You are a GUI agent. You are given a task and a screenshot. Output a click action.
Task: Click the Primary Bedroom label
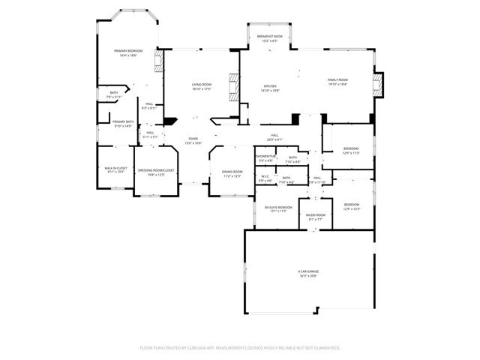pos(126,51)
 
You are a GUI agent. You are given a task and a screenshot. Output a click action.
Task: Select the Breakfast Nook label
pos(270,37)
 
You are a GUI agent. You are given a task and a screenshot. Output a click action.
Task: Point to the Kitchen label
pos(270,86)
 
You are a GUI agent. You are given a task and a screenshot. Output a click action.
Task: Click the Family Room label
pos(337,79)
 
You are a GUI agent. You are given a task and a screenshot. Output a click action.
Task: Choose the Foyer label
pos(193,139)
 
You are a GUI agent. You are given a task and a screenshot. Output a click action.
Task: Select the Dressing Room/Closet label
pos(155,170)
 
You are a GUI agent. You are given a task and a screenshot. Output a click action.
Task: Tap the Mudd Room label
pos(315,214)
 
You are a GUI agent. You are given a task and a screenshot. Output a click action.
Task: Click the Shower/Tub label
pos(265,157)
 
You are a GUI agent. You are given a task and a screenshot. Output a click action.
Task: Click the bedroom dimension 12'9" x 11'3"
pos(351,153)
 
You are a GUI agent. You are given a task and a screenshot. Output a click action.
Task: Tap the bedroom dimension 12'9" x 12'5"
pos(352,208)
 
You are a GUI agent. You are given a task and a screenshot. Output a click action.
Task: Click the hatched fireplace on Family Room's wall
pos(378,85)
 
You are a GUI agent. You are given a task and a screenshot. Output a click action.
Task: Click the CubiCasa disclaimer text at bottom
pos(240,347)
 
